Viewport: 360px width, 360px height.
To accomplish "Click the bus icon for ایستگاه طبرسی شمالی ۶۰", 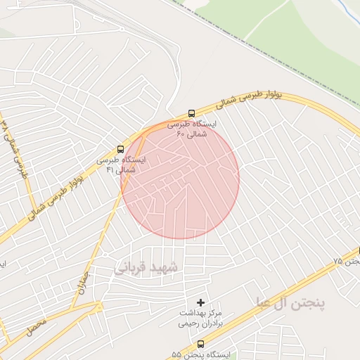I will pyautogui.click(x=192, y=113).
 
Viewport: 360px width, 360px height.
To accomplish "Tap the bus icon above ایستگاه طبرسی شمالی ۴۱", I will pyautogui.click(x=120, y=150).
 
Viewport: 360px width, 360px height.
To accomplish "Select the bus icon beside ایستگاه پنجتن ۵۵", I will pyautogui.click(x=202, y=344).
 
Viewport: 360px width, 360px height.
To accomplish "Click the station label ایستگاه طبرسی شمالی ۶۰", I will pyautogui.click(x=193, y=128).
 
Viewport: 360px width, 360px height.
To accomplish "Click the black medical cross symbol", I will pyautogui.click(x=200, y=302).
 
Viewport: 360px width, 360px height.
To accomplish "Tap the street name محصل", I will pyautogui.click(x=38, y=324).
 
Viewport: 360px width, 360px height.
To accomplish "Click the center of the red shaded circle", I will pyautogui.click(x=180, y=179).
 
